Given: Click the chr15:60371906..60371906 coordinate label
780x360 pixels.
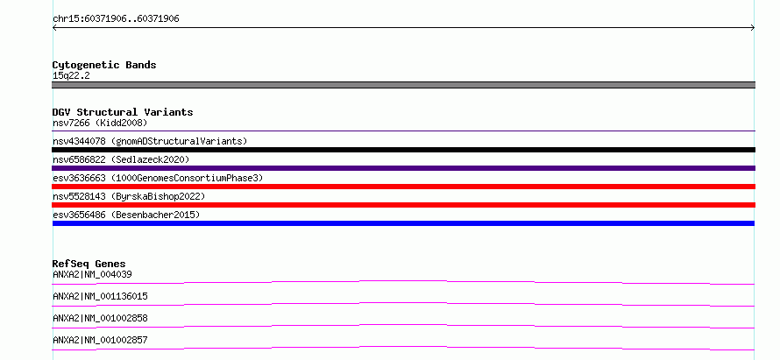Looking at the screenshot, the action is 116,19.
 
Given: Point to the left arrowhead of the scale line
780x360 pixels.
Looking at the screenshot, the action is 53,28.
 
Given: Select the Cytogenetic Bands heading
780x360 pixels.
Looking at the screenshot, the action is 104,65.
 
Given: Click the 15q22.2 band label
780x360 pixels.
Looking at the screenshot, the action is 71,76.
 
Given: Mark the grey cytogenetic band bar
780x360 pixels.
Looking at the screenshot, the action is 403,85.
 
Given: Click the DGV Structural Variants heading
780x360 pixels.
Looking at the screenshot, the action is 123,112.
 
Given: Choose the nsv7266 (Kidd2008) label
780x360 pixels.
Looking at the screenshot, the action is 100,123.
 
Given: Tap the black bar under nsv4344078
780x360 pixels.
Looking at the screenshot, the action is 403,150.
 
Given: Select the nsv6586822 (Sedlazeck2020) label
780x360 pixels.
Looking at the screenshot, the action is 121,159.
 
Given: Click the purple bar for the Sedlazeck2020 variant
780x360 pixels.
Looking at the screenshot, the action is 403,168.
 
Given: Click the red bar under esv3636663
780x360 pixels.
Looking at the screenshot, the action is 403,187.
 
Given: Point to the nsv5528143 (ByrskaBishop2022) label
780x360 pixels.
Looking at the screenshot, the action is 129,196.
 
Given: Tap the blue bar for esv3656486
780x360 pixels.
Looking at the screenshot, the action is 403,223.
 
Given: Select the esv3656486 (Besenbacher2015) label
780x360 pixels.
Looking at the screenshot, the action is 126,215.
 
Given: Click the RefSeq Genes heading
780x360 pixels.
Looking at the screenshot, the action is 89,264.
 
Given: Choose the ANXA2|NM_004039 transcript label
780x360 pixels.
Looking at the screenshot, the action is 92,274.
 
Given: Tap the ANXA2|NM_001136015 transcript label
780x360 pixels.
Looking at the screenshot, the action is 100,296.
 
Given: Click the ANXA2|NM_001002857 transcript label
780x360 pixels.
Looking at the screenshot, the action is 100,340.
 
